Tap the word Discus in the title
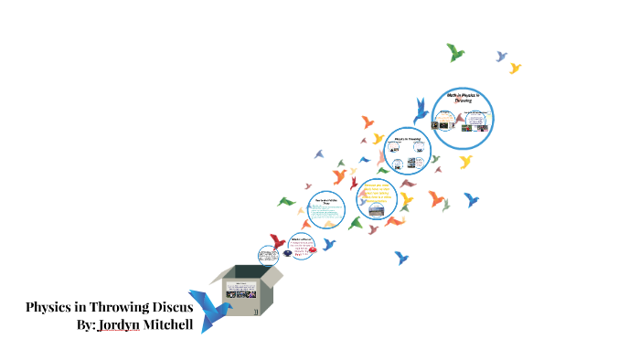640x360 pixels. coord(171,307)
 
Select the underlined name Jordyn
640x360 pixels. coord(118,324)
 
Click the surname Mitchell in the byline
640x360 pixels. coord(167,324)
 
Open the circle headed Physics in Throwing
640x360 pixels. coord(407,150)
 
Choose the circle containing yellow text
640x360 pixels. coord(377,199)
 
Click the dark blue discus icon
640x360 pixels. coord(289,254)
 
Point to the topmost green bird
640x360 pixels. coord(454,52)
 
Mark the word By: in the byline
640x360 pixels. coord(91,324)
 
